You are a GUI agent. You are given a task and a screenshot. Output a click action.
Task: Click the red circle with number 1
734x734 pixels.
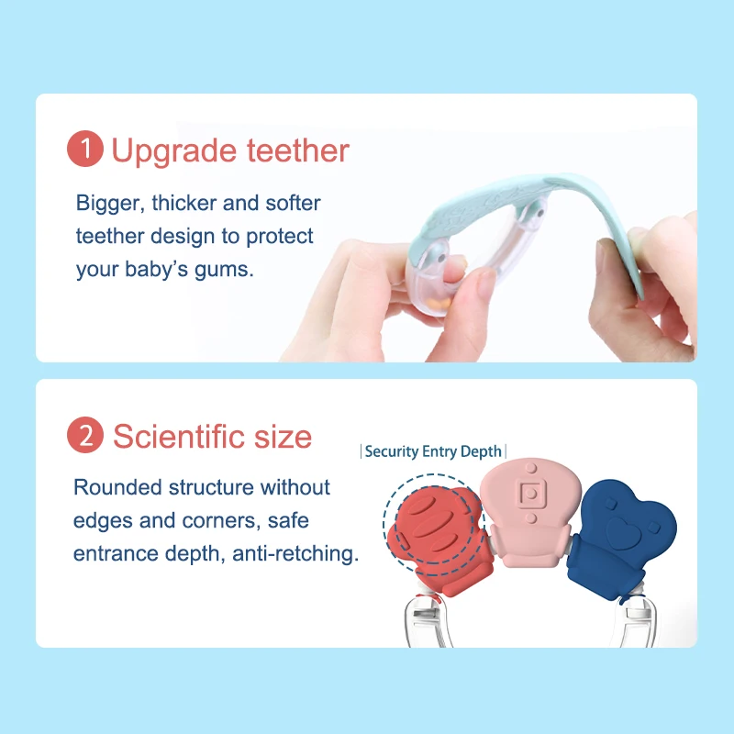[84, 150]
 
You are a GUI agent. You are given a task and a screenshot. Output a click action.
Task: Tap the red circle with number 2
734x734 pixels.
[84, 436]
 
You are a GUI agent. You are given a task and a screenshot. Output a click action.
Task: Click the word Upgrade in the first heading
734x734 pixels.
[169, 151]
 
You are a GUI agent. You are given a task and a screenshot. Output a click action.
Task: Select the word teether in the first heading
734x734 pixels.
[294, 150]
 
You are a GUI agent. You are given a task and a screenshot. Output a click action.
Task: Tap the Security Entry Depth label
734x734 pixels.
[433, 451]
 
